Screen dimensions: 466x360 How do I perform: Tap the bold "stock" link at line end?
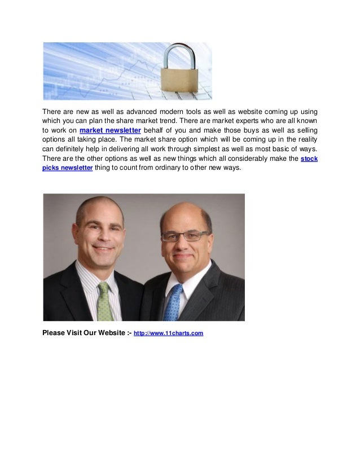(x=309, y=160)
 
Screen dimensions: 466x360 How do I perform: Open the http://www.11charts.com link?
(x=168, y=333)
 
